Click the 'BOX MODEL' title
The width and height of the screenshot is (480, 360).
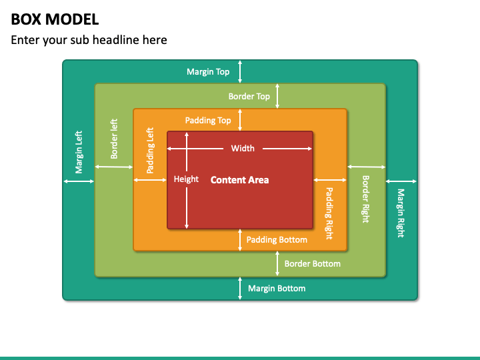pyautogui.click(x=55, y=19)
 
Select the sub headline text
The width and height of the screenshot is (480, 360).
pyautogui.click(x=89, y=40)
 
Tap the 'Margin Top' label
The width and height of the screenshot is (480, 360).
pyautogui.click(x=208, y=71)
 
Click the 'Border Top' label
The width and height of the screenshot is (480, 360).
pyautogui.click(x=249, y=97)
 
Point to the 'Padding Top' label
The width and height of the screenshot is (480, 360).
pyautogui.click(x=208, y=120)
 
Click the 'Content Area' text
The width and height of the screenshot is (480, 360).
pyautogui.click(x=240, y=180)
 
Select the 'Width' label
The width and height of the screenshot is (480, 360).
pyautogui.click(x=243, y=149)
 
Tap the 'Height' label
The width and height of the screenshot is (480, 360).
pyautogui.click(x=186, y=179)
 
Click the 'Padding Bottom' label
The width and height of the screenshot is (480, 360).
pyautogui.click(x=277, y=240)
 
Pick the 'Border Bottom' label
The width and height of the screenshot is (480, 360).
pyautogui.click(x=313, y=264)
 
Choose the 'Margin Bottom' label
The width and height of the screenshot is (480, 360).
pyautogui.click(x=277, y=289)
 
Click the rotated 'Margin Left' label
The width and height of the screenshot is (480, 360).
pyautogui.click(x=79, y=152)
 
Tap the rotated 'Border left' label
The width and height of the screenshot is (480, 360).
pyautogui.click(x=114, y=139)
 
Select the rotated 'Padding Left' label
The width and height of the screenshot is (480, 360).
pyautogui.click(x=150, y=150)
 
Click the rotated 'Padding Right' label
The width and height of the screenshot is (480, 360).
pyautogui.click(x=329, y=213)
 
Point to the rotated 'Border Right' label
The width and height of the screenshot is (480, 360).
pyautogui.click(x=366, y=199)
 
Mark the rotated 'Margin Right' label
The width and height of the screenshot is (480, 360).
pyautogui.click(x=401, y=213)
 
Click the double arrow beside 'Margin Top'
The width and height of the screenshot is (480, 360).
pyautogui.click(x=240, y=71)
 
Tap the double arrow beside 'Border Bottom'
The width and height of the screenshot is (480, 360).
pyautogui.click(x=277, y=263)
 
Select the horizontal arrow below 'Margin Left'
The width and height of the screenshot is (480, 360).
pyautogui.click(x=79, y=181)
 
